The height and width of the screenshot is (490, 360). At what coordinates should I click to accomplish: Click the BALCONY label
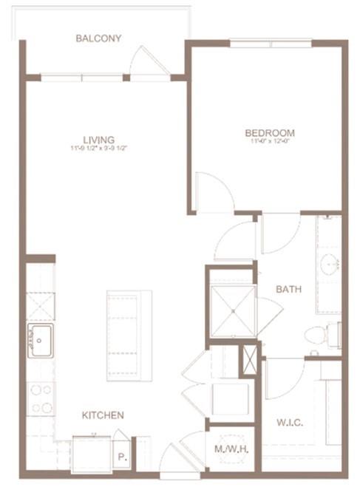click(x=98, y=38)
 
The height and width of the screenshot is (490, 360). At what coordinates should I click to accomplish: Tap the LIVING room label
click(x=98, y=139)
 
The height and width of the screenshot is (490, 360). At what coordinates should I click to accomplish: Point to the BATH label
click(x=288, y=289)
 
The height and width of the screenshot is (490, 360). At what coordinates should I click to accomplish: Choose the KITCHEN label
click(x=103, y=415)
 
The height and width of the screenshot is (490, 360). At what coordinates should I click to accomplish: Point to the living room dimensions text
click(x=98, y=148)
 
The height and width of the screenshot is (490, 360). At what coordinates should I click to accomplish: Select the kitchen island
click(x=129, y=335)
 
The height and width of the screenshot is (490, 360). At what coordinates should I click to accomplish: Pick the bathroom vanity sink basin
click(x=330, y=262)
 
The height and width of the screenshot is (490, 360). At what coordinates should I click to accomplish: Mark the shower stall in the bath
click(x=232, y=310)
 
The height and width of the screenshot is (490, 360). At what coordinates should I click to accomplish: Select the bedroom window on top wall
click(x=271, y=43)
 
